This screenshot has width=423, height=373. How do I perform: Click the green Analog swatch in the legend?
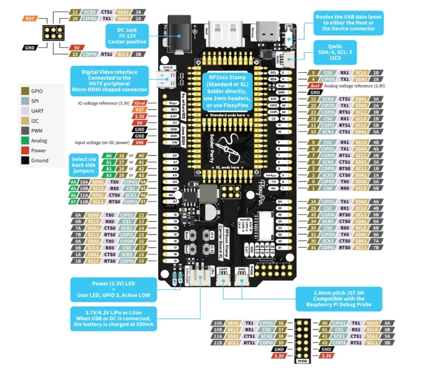tap(25, 140)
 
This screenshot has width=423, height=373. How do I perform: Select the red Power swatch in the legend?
tap(25, 150)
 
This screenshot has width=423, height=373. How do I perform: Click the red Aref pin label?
tap(315, 86)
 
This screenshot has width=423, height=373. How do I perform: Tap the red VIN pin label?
tap(139, 142)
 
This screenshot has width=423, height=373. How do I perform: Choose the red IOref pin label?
tap(139, 103)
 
